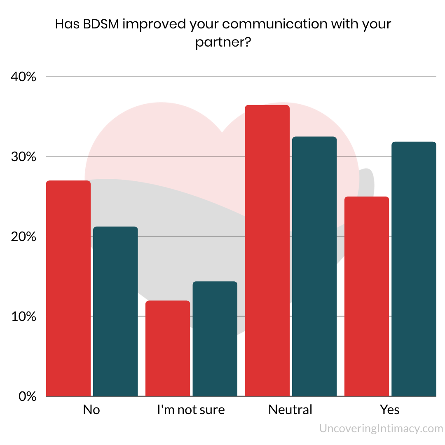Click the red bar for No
pos(68,288)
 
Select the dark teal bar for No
pos(115,311)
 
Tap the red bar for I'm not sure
pos(168,349)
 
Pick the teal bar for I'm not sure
pos(215,339)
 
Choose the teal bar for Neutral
pos(314,266)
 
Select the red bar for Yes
pos(366,297)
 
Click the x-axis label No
pos(91,410)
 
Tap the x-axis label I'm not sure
pos(191,410)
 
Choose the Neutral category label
pos(290,410)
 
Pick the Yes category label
pos(390,410)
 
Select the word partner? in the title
pos(223,42)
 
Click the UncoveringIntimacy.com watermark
pos(381,429)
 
